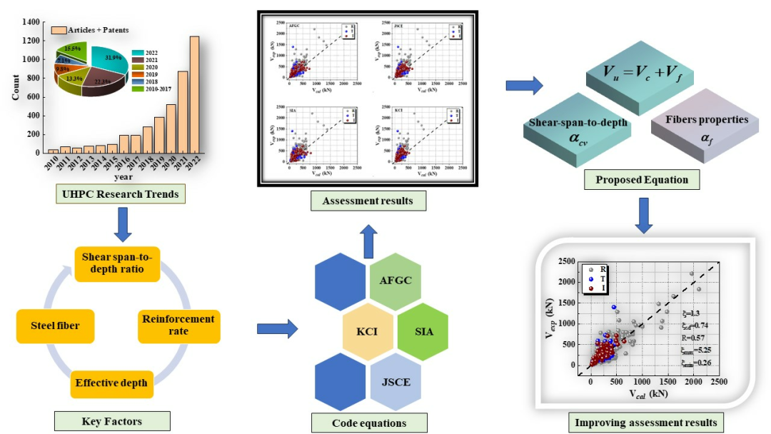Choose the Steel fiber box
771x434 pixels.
click(55, 326)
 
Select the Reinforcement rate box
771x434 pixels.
click(178, 325)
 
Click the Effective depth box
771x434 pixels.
click(111, 383)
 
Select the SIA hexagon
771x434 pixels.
click(423, 332)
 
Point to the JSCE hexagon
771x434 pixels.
click(396, 382)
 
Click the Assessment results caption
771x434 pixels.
click(367, 201)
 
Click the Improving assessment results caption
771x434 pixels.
click(645, 423)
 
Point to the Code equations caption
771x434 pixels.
click(369, 423)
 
